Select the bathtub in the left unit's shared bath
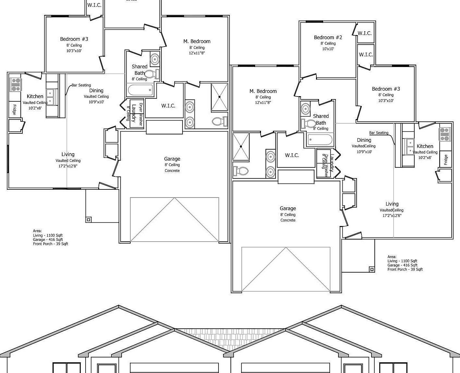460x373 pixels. [140, 90]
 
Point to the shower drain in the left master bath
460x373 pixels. [219, 97]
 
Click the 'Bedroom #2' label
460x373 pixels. [328, 38]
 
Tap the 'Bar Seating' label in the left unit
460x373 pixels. [81, 85]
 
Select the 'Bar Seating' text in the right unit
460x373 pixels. [379, 133]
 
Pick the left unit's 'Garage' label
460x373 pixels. [172, 159]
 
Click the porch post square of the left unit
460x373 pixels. [89, 220]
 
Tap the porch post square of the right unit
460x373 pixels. [372, 269]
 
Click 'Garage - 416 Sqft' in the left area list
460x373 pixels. [48, 240]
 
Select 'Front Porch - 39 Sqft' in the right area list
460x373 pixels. [405, 269]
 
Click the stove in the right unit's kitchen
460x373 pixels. [444, 134]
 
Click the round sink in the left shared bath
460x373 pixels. [155, 59]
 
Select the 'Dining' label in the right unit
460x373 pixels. [364, 140]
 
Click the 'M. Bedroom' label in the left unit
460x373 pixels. [197, 41]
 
